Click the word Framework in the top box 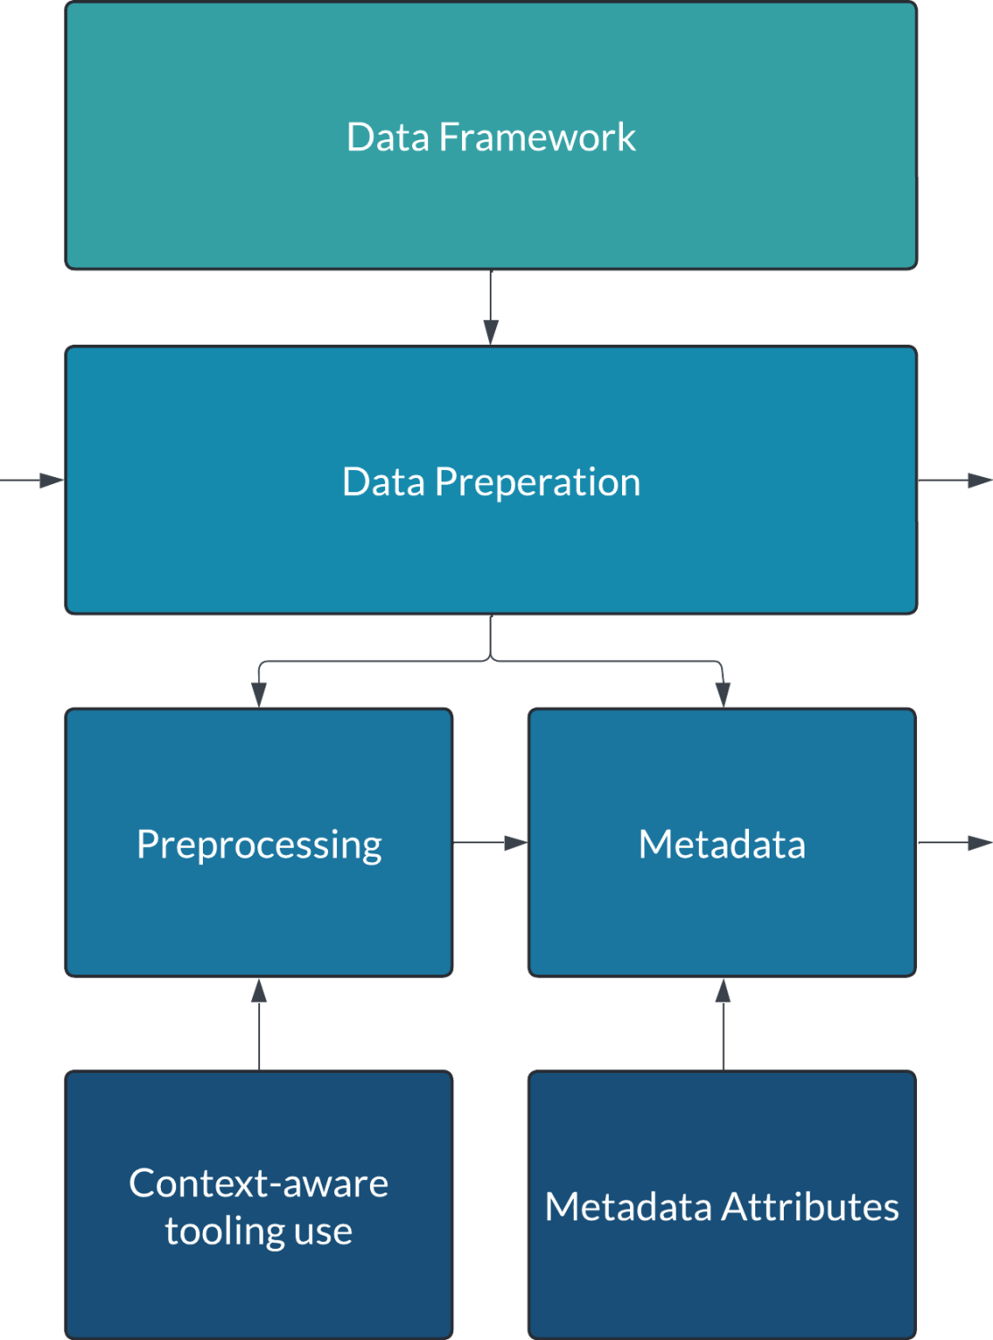[x=536, y=138]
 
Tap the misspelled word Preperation [x=537, y=482]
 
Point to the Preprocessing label [x=259, y=845]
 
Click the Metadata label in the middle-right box [x=722, y=845]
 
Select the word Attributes [x=810, y=1207]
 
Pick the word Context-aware [x=259, y=1184]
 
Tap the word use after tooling [x=324, y=1232]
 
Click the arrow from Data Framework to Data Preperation [x=491, y=308]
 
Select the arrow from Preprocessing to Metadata [x=490, y=842]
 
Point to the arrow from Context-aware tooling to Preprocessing [x=259, y=1024]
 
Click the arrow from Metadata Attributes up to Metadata [x=723, y=1024]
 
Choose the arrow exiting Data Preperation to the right [x=955, y=481]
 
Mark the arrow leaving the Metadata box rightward [x=955, y=842]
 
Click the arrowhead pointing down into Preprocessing [x=259, y=695]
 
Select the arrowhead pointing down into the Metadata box [x=723, y=695]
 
